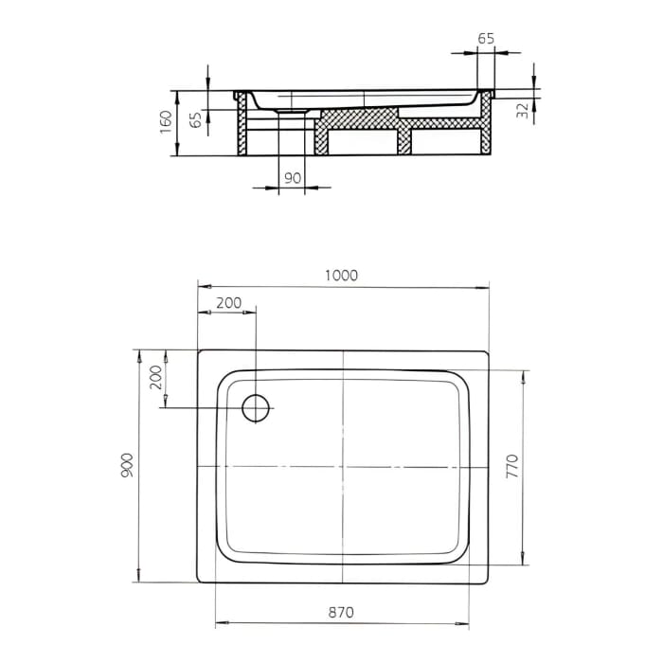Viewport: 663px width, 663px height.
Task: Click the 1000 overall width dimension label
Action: (x=341, y=275)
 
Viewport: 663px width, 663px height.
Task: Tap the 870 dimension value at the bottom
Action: (x=341, y=613)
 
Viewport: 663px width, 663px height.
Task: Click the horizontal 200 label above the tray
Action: (x=228, y=303)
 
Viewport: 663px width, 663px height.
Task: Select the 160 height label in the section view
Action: (x=166, y=122)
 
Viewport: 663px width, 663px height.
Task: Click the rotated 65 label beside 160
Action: (x=195, y=120)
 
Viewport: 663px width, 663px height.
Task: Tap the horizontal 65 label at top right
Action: (x=485, y=39)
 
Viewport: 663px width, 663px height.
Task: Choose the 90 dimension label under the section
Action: (x=292, y=177)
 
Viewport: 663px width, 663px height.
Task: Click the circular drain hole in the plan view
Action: (x=257, y=407)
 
